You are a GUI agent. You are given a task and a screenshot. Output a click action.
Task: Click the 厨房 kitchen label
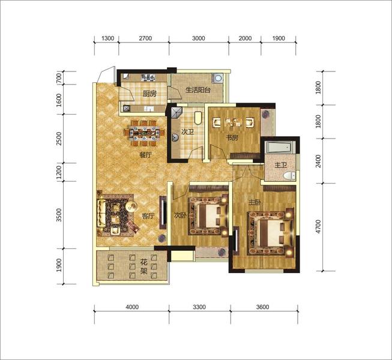(x=149, y=94)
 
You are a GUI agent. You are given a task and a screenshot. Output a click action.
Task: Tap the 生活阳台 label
(x=198, y=90)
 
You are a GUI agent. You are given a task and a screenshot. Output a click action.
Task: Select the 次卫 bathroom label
(x=187, y=131)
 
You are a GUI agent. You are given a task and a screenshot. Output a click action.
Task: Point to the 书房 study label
(x=232, y=137)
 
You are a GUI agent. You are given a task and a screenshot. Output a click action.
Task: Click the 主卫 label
(x=280, y=165)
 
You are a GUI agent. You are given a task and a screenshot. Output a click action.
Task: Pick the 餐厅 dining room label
(x=145, y=155)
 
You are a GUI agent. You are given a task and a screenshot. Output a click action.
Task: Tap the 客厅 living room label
(x=148, y=216)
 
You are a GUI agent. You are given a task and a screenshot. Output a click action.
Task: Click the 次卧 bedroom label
(x=180, y=215)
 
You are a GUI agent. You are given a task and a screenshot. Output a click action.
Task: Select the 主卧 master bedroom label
(x=255, y=202)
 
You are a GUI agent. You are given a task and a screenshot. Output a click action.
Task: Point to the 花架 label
(x=143, y=266)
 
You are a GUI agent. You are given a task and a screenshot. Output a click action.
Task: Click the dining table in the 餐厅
(x=144, y=133)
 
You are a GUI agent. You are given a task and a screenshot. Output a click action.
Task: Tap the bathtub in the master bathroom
(x=279, y=147)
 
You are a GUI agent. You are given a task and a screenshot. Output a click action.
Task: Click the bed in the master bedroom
(x=271, y=233)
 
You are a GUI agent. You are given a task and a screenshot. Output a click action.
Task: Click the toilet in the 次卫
(x=198, y=118)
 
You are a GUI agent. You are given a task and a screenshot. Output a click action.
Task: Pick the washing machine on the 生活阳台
(x=218, y=78)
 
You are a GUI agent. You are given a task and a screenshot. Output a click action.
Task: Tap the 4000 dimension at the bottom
(x=132, y=307)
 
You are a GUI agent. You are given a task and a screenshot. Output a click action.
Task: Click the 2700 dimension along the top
(x=145, y=38)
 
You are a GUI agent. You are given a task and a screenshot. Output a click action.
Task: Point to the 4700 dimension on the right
(x=318, y=227)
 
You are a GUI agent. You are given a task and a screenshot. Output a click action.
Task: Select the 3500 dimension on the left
(x=59, y=215)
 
